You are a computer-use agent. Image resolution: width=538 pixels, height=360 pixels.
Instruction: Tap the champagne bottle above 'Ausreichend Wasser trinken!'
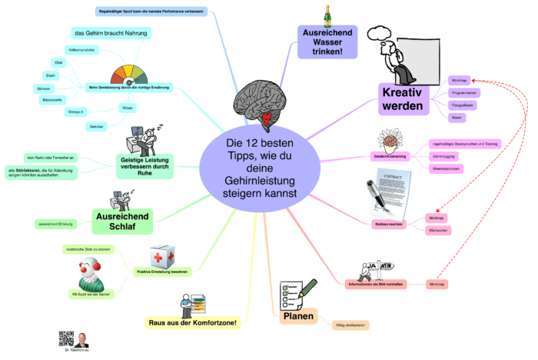(327, 14)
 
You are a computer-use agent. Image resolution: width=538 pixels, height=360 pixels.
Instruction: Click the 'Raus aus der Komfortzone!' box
(192, 322)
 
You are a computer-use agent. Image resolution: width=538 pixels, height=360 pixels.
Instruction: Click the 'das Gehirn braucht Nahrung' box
(111, 33)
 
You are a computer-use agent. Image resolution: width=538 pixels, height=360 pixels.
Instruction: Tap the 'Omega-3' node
(76, 112)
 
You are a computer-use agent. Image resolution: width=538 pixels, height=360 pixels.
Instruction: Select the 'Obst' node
(58, 62)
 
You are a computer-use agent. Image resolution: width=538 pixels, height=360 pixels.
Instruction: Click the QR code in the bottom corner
(65, 340)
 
